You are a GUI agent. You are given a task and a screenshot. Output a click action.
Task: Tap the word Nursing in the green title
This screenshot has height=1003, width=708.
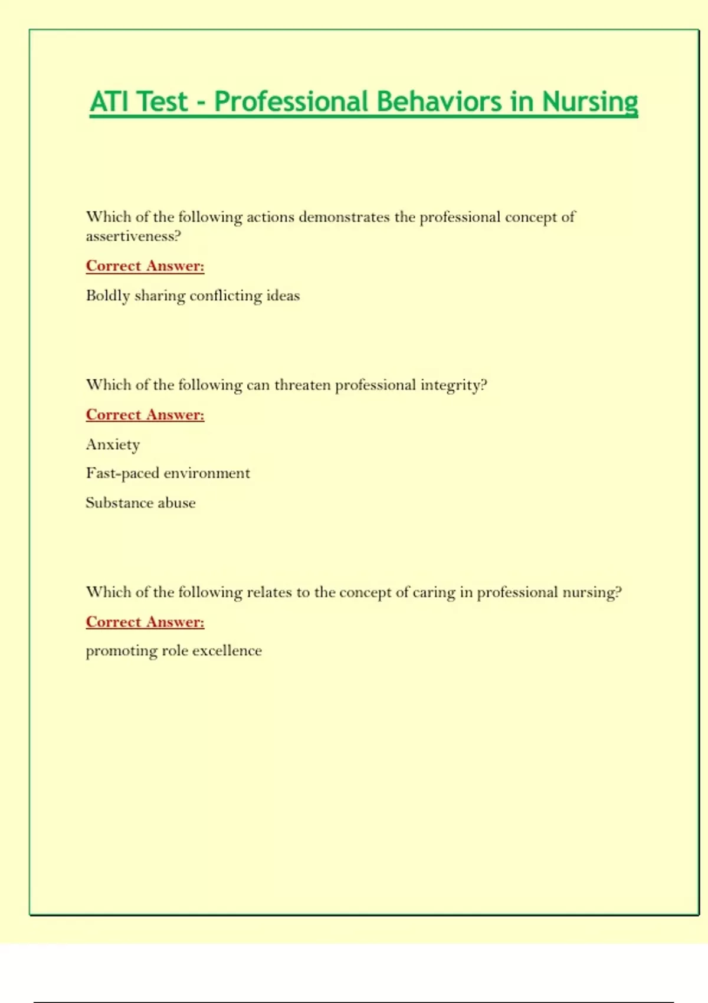(x=589, y=101)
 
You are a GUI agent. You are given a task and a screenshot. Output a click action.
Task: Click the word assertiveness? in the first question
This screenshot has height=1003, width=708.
(x=133, y=237)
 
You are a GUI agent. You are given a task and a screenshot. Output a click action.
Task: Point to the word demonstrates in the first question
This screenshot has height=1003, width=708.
(x=344, y=217)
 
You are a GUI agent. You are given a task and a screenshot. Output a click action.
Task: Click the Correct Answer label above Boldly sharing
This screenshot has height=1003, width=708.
(x=145, y=266)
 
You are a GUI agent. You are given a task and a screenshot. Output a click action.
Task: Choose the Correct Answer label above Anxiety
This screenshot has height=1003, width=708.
(x=145, y=415)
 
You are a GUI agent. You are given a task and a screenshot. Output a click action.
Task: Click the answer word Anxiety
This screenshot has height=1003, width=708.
(x=113, y=444)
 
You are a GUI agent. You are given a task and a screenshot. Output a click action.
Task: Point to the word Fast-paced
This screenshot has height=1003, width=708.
(x=123, y=473)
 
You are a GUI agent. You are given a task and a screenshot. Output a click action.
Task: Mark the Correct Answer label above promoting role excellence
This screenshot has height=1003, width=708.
(x=145, y=622)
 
